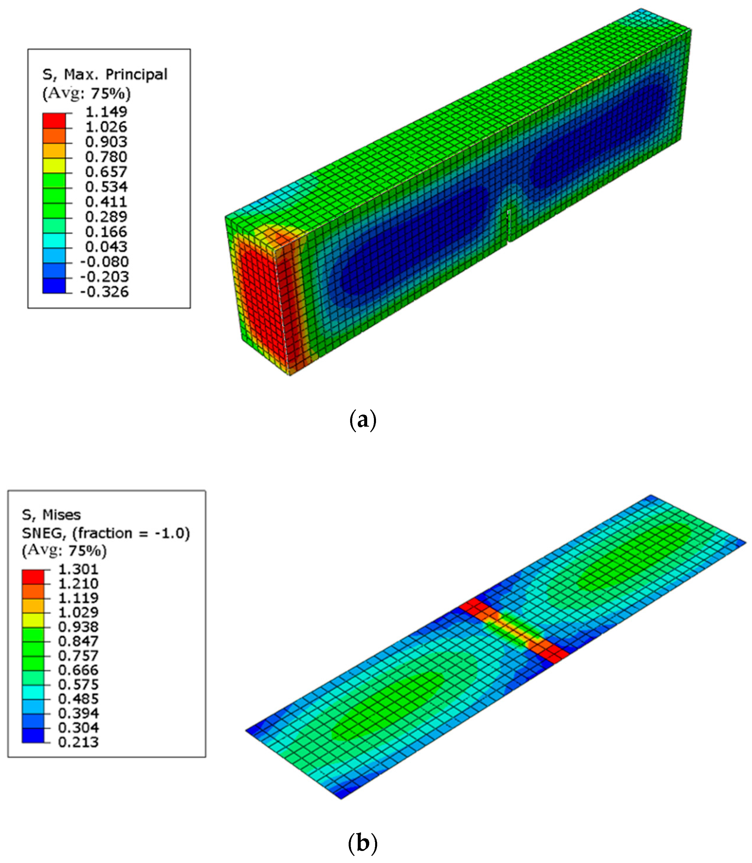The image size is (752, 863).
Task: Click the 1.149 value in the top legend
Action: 106,112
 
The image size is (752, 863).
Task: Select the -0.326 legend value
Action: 104,291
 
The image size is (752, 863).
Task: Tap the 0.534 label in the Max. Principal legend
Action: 106,187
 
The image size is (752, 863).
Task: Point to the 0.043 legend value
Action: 106,247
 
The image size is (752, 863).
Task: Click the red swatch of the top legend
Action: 54,121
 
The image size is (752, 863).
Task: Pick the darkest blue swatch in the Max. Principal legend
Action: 54,286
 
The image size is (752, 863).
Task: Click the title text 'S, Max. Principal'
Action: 105,75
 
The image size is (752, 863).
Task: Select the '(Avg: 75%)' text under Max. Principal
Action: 86,93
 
